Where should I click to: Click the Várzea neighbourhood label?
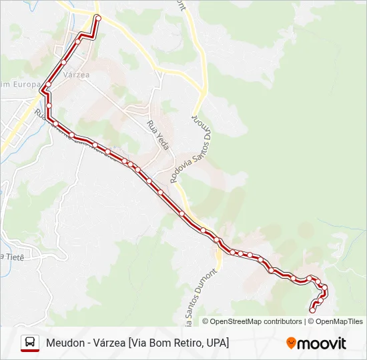(x=75, y=75)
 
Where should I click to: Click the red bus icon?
(x=30, y=343)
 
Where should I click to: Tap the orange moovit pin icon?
(x=292, y=343)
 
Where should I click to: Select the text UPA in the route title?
(x=216, y=343)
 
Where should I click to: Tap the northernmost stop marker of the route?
(x=97, y=17)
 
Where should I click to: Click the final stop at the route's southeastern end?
(x=312, y=310)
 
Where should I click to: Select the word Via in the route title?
(x=141, y=343)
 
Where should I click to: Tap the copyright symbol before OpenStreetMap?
(x=206, y=321)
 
